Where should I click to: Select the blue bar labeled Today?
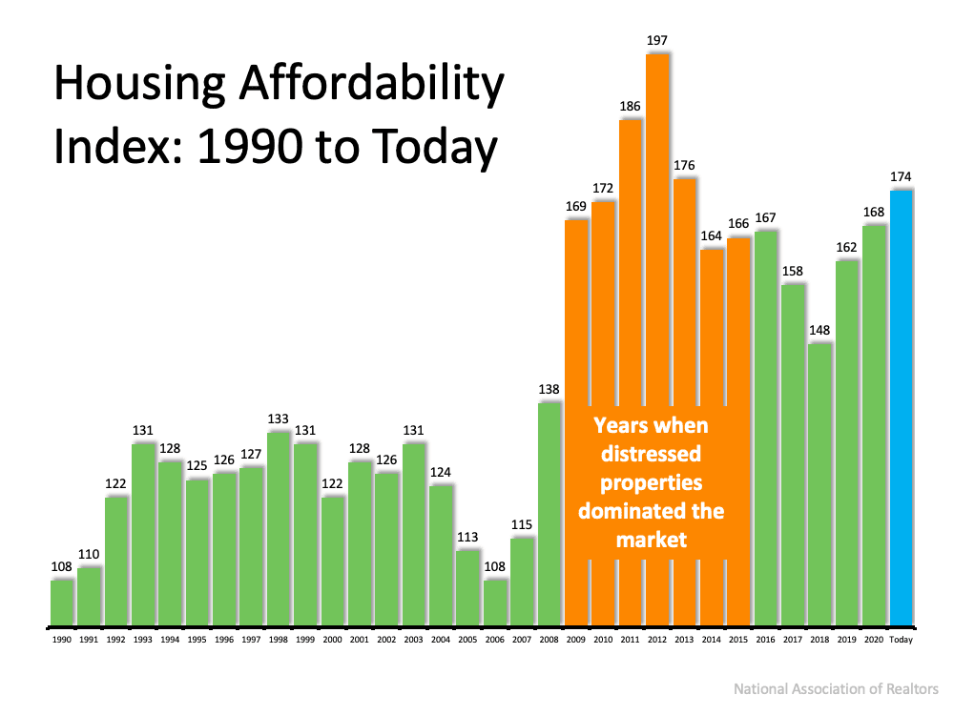click(902, 410)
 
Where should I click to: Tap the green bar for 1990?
click(62, 603)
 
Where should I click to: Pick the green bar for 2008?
click(550, 515)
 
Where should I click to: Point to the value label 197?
click(657, 41)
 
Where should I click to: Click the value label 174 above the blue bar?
click(902, 176)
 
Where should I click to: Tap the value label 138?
click(549, 389)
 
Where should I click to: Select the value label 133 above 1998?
click(279, 419)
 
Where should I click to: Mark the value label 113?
click(467, 536)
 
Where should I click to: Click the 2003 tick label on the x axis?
click(413, 641)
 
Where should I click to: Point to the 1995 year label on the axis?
click(197, 641)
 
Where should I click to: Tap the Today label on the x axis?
click(902, 641)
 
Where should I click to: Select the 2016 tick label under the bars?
click(765, 641)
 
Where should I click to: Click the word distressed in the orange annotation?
click(651, 453)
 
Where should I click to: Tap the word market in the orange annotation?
click(651, 540)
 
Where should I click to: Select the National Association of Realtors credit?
click(837, 688)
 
